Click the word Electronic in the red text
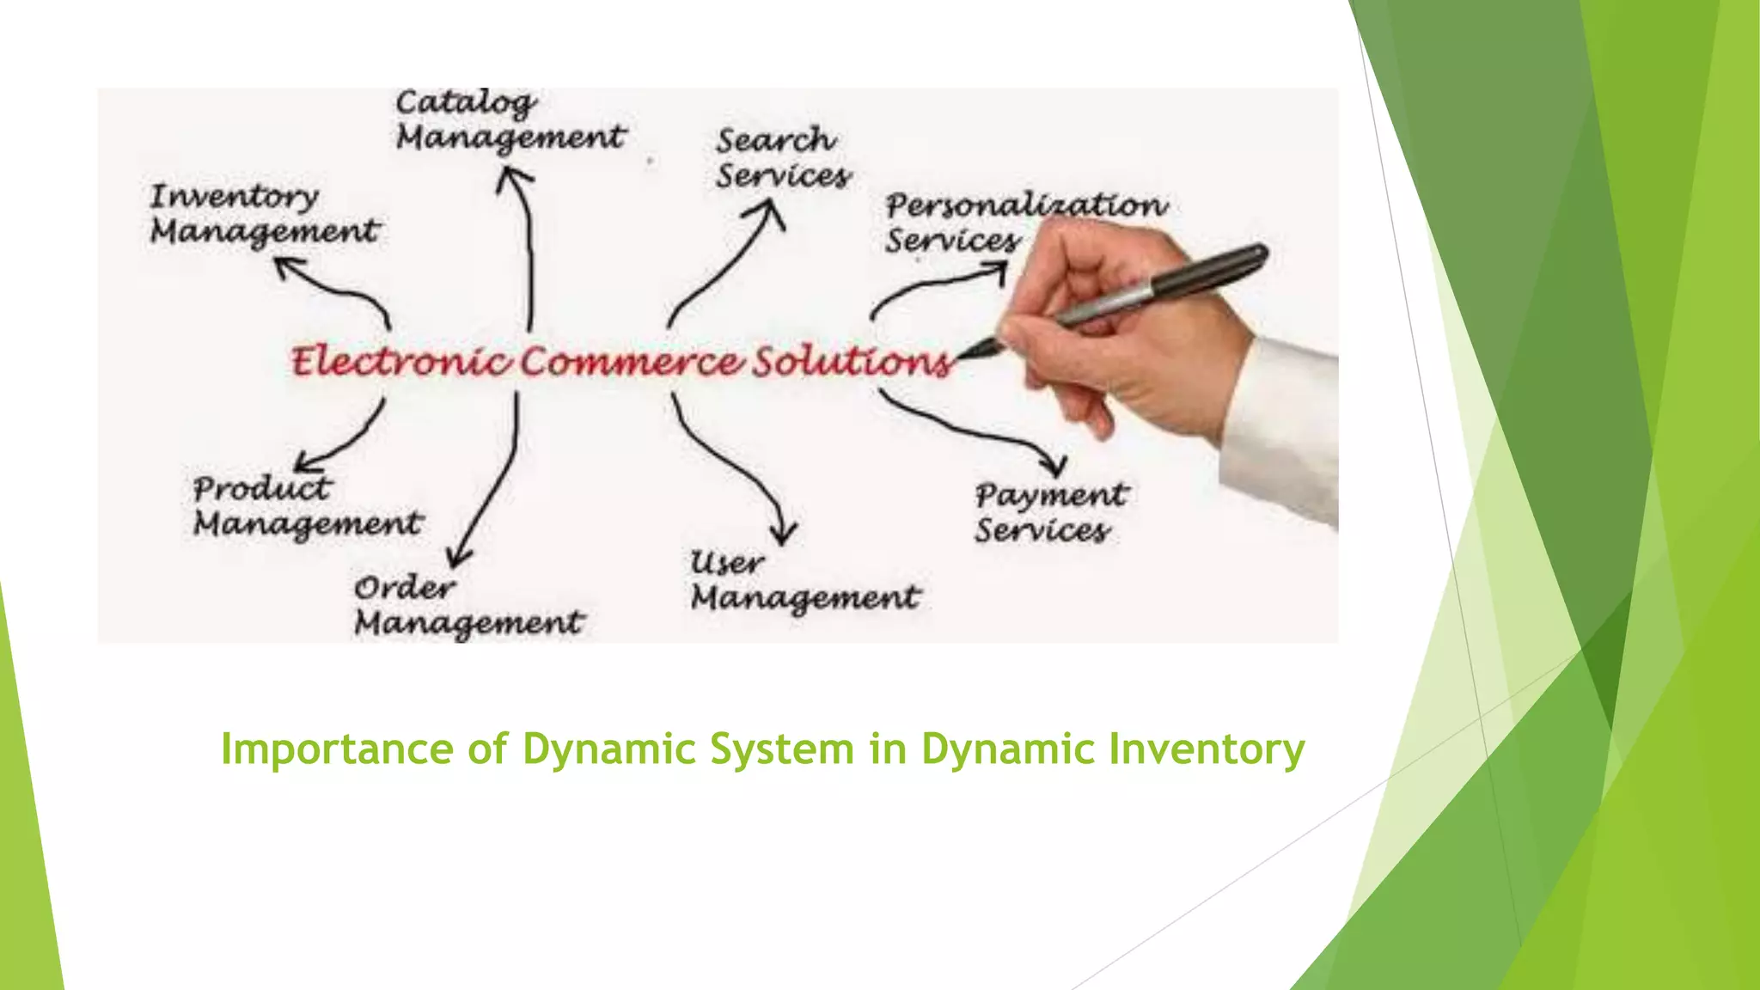click(x=400, y=361)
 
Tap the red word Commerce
click(x=632, y=361)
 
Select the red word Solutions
click(x=851, y=361)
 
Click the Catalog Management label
click(x=510, y=121)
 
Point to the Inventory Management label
click(x=264, y=215)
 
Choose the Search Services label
click(x=783, y=158)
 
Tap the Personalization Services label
click(x=1026, y=222)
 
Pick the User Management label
click(x=804, y=582)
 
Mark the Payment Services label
click(x=1050, y=513)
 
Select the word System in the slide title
click(x=781, y=749)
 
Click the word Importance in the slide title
click(x=339, y=749)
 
